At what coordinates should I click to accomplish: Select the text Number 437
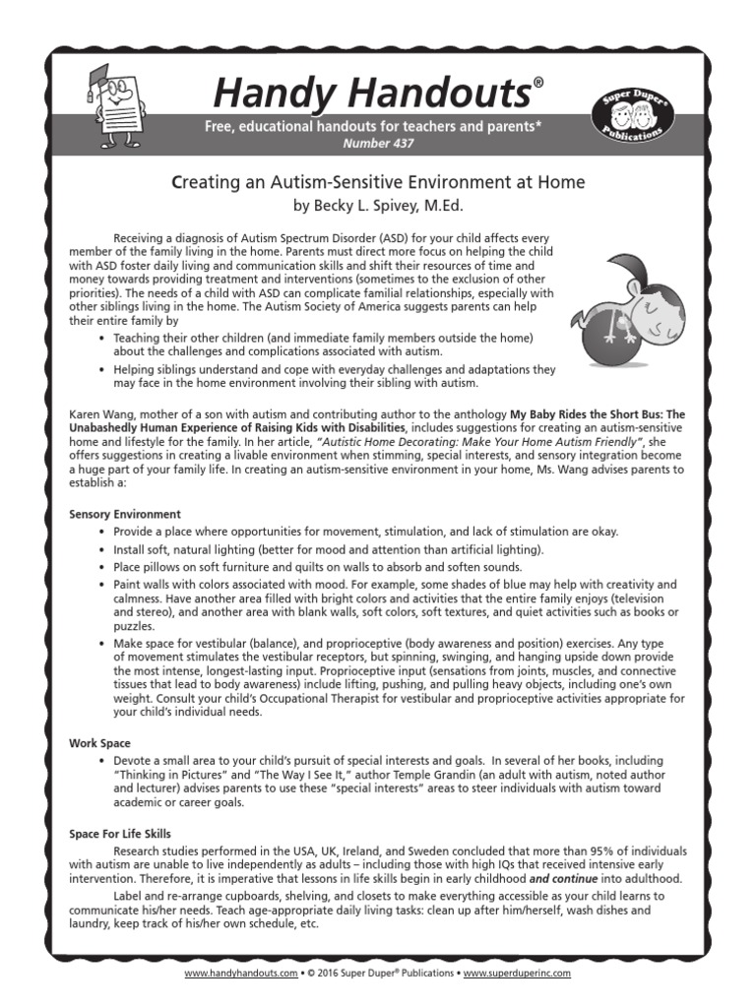point(378,144)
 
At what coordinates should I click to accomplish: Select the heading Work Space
point(99,742)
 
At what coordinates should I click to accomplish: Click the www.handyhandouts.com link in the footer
point(240,973)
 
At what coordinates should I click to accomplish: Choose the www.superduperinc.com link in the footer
point(516,973)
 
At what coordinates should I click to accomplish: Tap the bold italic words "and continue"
point(562,878)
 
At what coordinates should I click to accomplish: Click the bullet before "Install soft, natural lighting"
point(103,549)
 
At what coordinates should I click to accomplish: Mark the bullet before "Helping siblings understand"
point(103,369)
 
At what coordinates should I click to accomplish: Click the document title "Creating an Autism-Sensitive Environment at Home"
point(378,182)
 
